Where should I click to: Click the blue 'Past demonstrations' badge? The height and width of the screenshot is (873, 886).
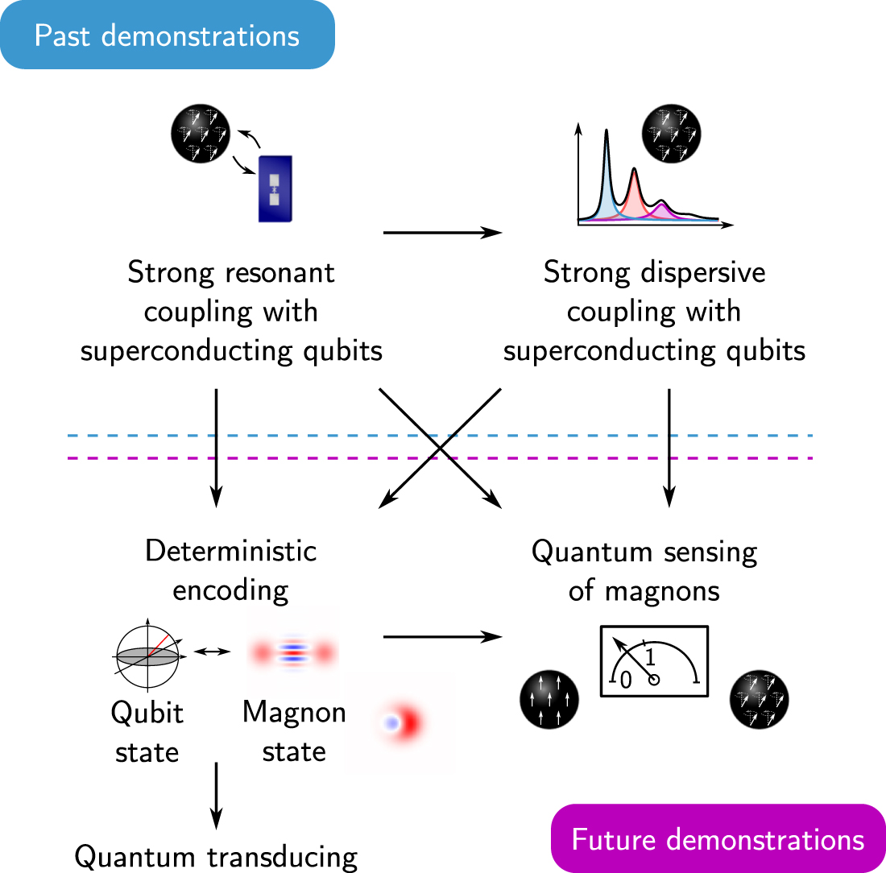pos(167,35)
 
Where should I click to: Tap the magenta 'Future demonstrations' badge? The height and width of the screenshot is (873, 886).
pos(718,838)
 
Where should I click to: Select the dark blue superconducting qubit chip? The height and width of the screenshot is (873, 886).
pos(275,188)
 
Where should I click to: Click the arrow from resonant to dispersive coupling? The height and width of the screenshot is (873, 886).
pos(442,233)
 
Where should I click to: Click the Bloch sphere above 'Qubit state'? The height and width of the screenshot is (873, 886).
pos(148,656)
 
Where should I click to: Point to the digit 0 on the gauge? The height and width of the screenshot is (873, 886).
pos(625,681)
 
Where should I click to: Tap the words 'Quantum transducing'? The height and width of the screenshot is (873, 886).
pos(216,855)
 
